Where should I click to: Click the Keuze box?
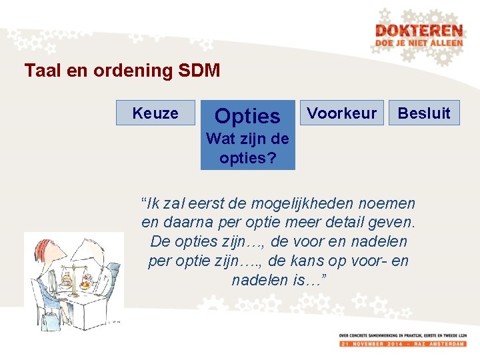[x=155, y=113]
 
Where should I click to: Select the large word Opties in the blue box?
[x=247, y=117]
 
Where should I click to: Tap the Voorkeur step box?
[x=341, y=113]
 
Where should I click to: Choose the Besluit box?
[x=424, y=113]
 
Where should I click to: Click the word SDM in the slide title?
[x=199, y=71]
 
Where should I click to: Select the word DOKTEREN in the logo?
[x=418, y=31]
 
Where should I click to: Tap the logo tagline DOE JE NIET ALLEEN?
[x=418, y=43]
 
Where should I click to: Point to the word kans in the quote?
[x=323, y=261]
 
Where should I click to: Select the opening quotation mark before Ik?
[x=144, y=202]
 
